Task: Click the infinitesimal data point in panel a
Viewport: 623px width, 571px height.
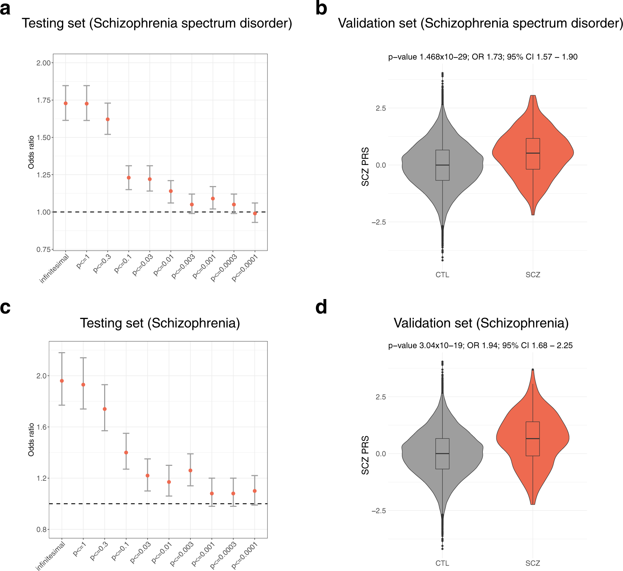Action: [66, 103]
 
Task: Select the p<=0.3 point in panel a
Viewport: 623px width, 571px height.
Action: [108, 119]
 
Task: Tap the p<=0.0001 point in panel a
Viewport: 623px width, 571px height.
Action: [255, 214]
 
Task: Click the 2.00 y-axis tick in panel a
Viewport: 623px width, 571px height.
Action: [44, 63]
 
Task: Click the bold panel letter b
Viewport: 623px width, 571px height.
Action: [321, 9]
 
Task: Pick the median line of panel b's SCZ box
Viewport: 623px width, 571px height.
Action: [533, 153]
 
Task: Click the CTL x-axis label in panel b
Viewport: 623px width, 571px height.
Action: [442, 275]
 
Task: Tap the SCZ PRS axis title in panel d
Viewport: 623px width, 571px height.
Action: [365, 455]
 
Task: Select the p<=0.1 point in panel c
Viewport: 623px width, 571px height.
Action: [126, 453]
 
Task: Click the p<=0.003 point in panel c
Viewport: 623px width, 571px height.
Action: [190, 470]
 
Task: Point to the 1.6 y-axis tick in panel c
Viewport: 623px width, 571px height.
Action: [42, 427]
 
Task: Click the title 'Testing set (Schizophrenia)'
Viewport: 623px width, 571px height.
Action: [160, 323]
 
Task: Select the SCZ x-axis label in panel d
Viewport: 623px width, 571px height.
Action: [533, 563]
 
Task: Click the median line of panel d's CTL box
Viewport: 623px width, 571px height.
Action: [442, 453]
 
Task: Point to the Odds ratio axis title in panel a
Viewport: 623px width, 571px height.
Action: [31, 152]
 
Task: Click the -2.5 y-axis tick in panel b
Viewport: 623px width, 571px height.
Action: [379, 222]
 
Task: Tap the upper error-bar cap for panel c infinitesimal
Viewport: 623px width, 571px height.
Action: [62, 353]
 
